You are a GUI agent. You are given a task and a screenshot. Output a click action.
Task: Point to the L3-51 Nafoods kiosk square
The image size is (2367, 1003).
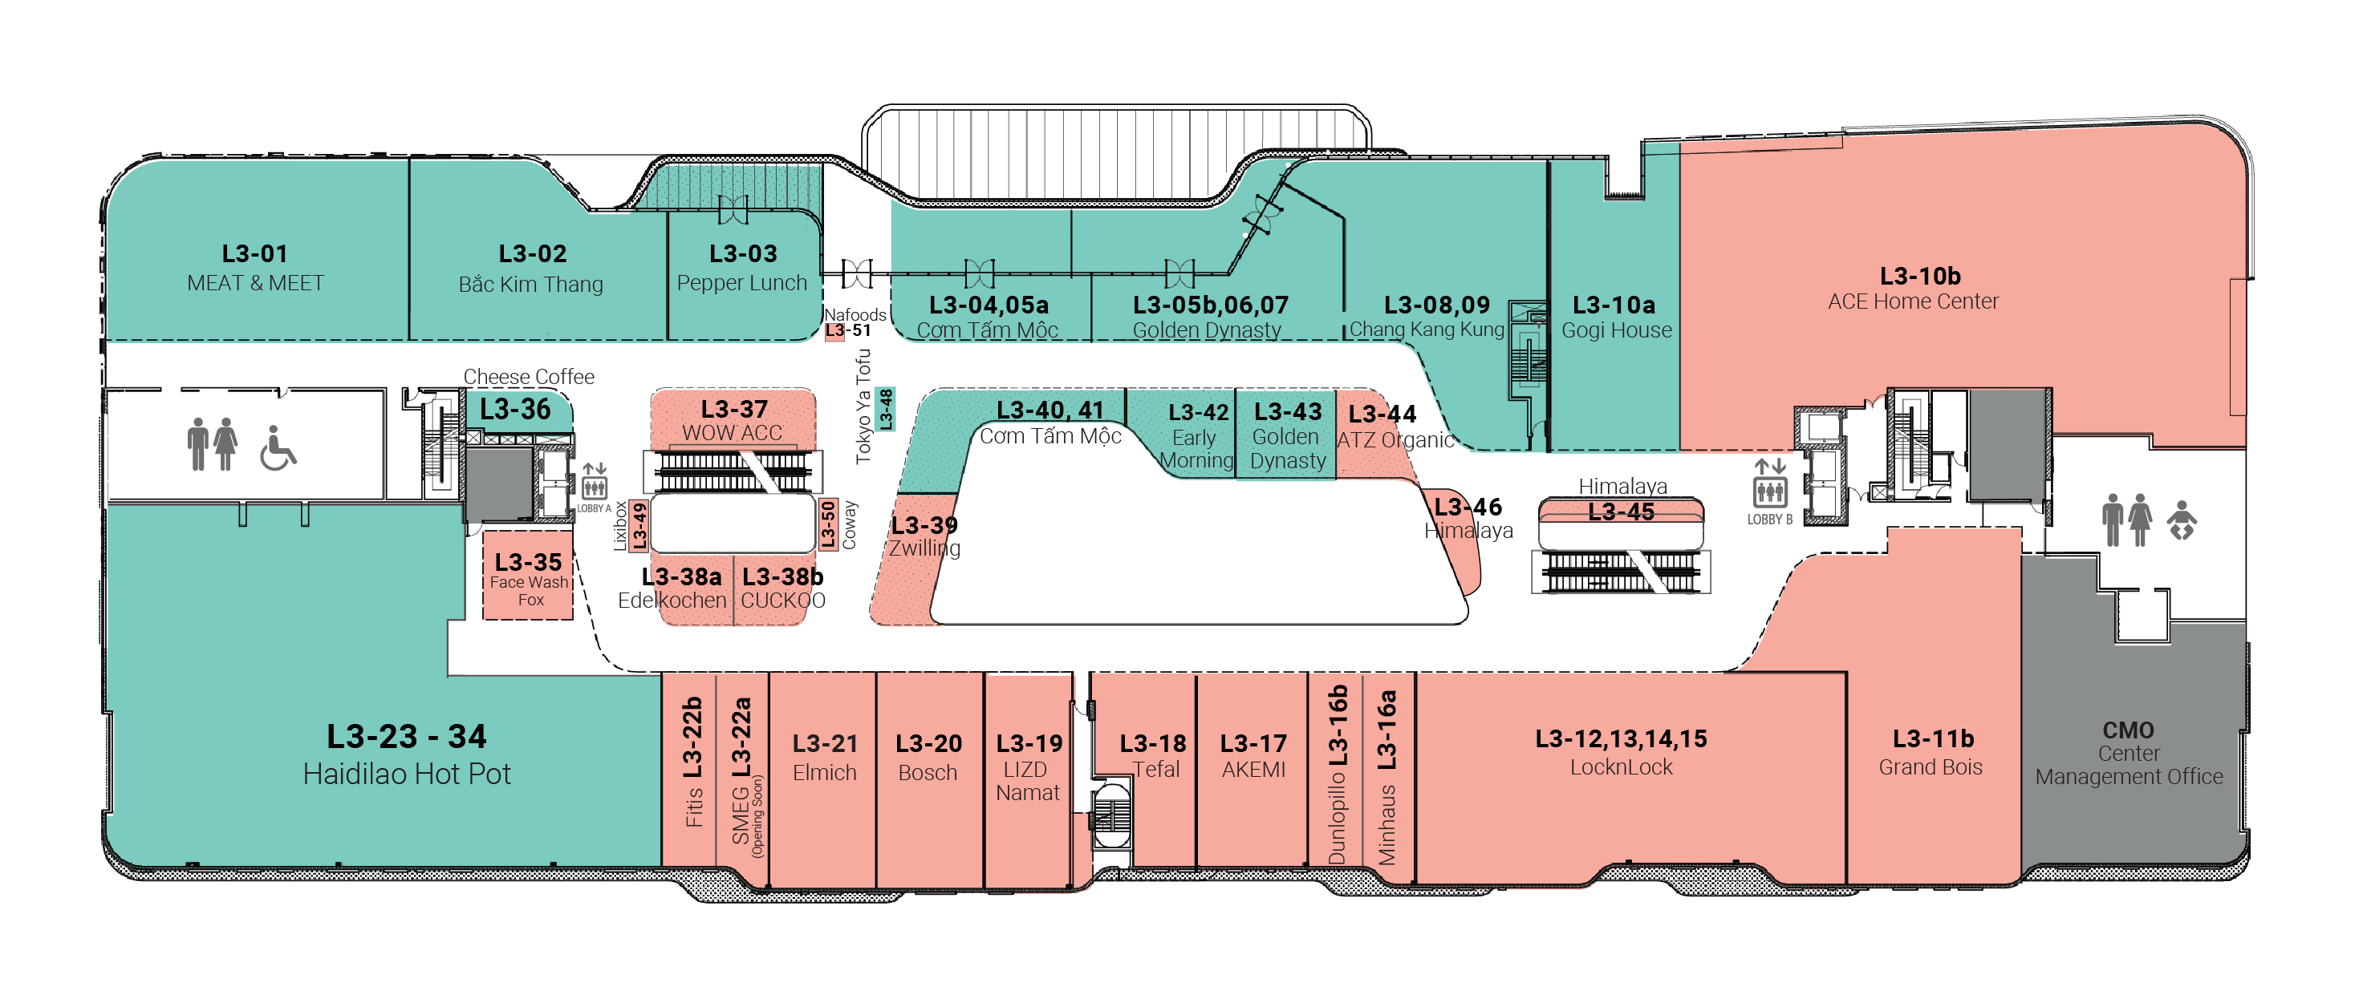[x=834, y=330]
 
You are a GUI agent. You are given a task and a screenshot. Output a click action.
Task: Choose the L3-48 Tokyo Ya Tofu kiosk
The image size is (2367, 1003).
[x=886, y=409]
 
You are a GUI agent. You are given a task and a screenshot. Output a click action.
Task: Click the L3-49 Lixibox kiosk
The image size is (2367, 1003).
[x=639, y=525]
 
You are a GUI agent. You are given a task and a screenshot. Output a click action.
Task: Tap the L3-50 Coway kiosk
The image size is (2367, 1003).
[x=828, y=524]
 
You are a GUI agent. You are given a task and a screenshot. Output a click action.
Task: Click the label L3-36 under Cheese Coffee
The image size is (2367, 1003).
[x=514, y=409]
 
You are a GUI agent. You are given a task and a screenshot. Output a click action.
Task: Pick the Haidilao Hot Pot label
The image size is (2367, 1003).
[x=407, y=774]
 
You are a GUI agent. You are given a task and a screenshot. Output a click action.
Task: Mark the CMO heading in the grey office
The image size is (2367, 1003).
[x=2128, y=730]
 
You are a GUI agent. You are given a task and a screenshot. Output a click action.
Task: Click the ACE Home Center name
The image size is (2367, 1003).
[x=1912, y=301]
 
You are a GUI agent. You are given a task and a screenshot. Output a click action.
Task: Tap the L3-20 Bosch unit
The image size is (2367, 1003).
[x=929, y=758]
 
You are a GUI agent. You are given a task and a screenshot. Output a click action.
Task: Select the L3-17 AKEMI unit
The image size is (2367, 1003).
[x=1253, y=758]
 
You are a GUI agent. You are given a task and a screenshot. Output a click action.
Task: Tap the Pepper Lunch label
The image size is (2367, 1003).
[x=741, y=283]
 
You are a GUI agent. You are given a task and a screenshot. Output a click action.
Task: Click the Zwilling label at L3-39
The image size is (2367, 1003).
[x=924, y=548]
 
